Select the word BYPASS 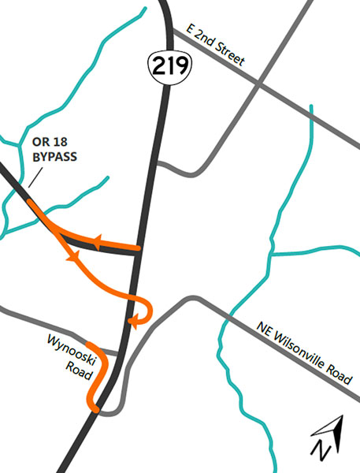pyautogui.click(x=54, y=157)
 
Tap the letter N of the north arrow pyautogui.click(x=321, y=451)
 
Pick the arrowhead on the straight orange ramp pyautogui.click(x=98, y=244)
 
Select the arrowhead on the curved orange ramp pyautogui.click(x=72, y=257)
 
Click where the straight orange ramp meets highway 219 pyautogui.click(x=139, y=249)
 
